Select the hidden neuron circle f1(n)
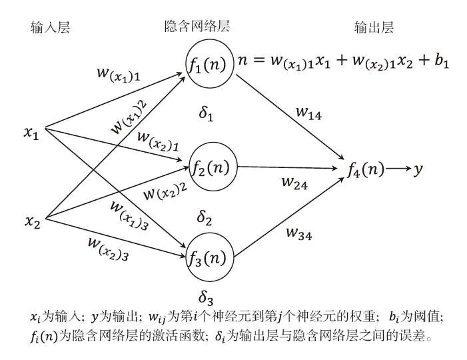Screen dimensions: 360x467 210,65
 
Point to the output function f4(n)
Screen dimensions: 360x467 366,171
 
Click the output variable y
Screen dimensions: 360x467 418,171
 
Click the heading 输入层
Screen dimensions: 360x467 50,27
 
